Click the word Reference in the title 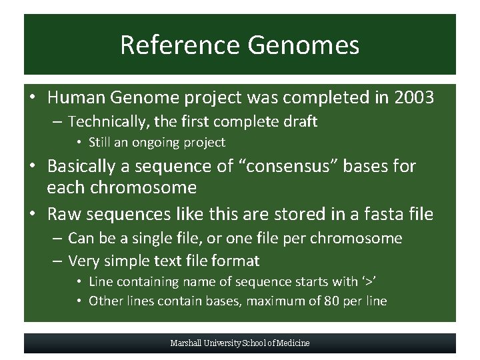[179, 45]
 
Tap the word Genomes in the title [303, 45]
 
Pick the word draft [299, 121]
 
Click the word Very [84, 260]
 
